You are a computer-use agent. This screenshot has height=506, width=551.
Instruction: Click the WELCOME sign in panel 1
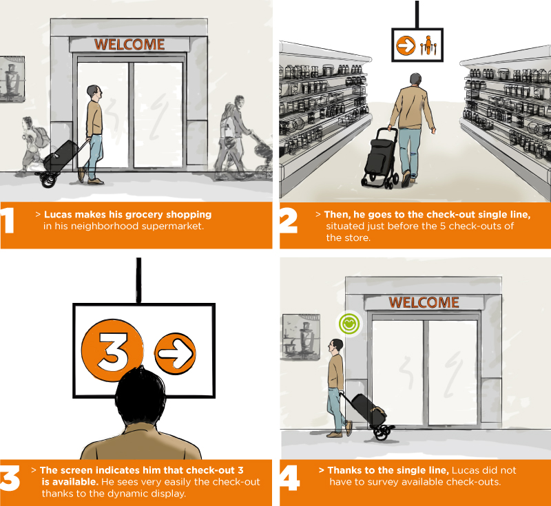click(129, 45)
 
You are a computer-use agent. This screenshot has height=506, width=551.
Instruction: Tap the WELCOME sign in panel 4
click(424, 302)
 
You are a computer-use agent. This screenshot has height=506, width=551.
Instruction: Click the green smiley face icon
click(349, 324)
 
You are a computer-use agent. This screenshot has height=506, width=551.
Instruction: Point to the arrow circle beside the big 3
click(176, 354)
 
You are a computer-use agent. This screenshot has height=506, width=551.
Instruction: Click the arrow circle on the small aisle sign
click(406, 45)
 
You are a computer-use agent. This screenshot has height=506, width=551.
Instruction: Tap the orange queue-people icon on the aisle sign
click(428, 45)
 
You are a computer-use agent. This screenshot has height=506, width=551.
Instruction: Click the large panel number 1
click(7, 220)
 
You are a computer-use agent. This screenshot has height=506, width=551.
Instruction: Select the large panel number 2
click(288, 220)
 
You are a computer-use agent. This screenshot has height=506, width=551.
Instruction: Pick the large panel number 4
click(289, 478)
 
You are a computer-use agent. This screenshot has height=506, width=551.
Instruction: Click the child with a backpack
click(34, 144)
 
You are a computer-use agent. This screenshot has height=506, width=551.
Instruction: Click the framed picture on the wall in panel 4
click(301, 337)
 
